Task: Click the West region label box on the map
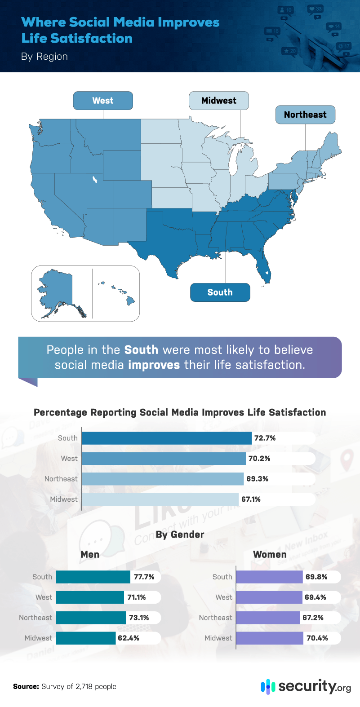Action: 103,101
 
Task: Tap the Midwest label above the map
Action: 218,101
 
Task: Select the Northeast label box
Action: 305,115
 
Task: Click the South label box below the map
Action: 220,292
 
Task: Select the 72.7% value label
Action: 265,438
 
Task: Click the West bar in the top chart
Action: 164,459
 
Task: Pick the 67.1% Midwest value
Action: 251,499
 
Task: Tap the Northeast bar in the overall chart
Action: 162,479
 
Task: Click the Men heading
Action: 90,555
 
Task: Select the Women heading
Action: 270,555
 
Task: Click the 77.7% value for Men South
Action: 144,577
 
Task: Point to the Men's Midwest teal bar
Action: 86,638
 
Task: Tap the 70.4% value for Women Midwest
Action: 317,638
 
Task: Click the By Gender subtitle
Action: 180,535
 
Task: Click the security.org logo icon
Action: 268,686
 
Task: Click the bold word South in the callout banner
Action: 141,350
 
